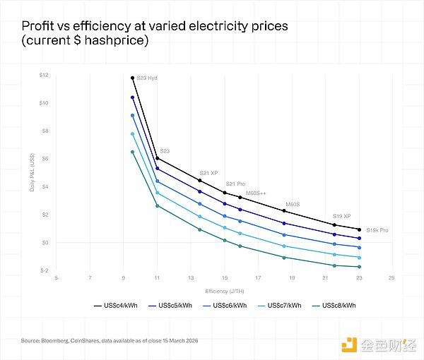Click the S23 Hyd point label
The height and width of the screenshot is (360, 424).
click(147, 78)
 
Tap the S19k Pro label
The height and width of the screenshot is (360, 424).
click(377, 230)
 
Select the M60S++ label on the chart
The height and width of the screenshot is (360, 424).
click(257, 193)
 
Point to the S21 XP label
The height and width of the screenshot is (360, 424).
click(209, 173)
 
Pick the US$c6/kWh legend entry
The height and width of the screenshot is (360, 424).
click(229, 305)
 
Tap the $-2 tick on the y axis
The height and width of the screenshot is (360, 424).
click(44, 270)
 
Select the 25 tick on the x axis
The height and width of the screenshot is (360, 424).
click(391, 277)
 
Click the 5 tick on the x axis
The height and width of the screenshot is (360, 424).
click(57, 277)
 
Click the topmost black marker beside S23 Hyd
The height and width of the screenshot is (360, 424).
click(133, 78)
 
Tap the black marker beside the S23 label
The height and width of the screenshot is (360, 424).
click(157, 158)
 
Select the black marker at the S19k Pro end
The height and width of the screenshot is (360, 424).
click(360, 229)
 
